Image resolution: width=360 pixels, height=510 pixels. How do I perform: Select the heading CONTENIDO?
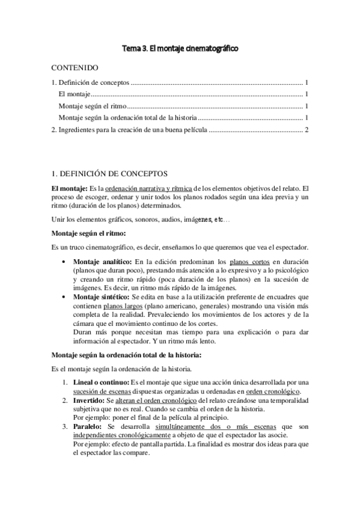pyautogui.click(x=75, y=68)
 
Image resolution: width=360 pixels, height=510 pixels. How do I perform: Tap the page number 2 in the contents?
pyautogui.click(x=307, y=129)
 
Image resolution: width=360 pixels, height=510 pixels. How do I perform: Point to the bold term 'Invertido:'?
pyautogui.click(x=88, y=400)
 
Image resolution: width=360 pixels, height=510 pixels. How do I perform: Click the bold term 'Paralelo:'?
pyautogui.click(x=87, y=426)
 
